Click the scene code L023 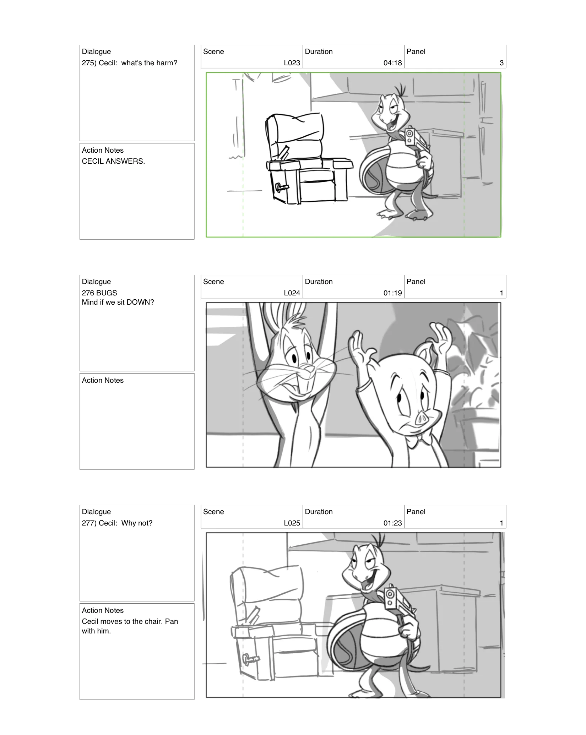tap(292, 63)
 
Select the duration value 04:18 tap(392, 63)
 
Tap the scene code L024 tap(292, 293)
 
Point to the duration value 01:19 tap(392, 293)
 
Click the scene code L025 tap(292, 523)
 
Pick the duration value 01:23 tap(392, 523)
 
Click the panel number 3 tap(501, 63)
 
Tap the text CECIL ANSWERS tap(113, 161)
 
